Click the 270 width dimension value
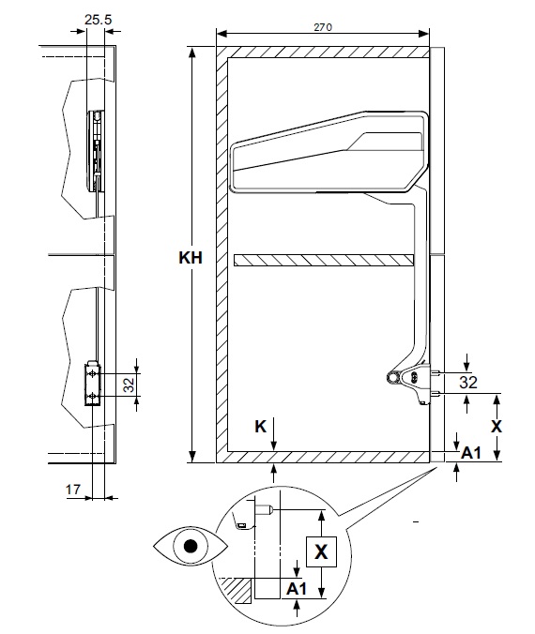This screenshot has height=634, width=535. pyautogui.click(x=323, y=27)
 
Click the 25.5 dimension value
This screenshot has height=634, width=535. pyautogui.click(x=98, y=20)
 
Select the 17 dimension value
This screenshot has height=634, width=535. pyautogui.click(x=73, y=490)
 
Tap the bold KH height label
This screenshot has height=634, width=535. pyautogui.click(x=191, y=258)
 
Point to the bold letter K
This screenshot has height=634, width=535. pyautogui.click(x=261, y=427)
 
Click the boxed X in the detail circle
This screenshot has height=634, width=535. pyautogui.click(x=321, y=551)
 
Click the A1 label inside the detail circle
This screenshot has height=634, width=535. pyautogui.click(x=297, y=589)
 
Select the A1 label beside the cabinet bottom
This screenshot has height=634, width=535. pyautogui.click(x=471, y=453)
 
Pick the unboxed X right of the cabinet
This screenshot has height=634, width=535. pyautogui.click(x=497, y=427)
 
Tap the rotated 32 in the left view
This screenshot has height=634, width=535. pyautogui.click(x=129, y=385)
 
